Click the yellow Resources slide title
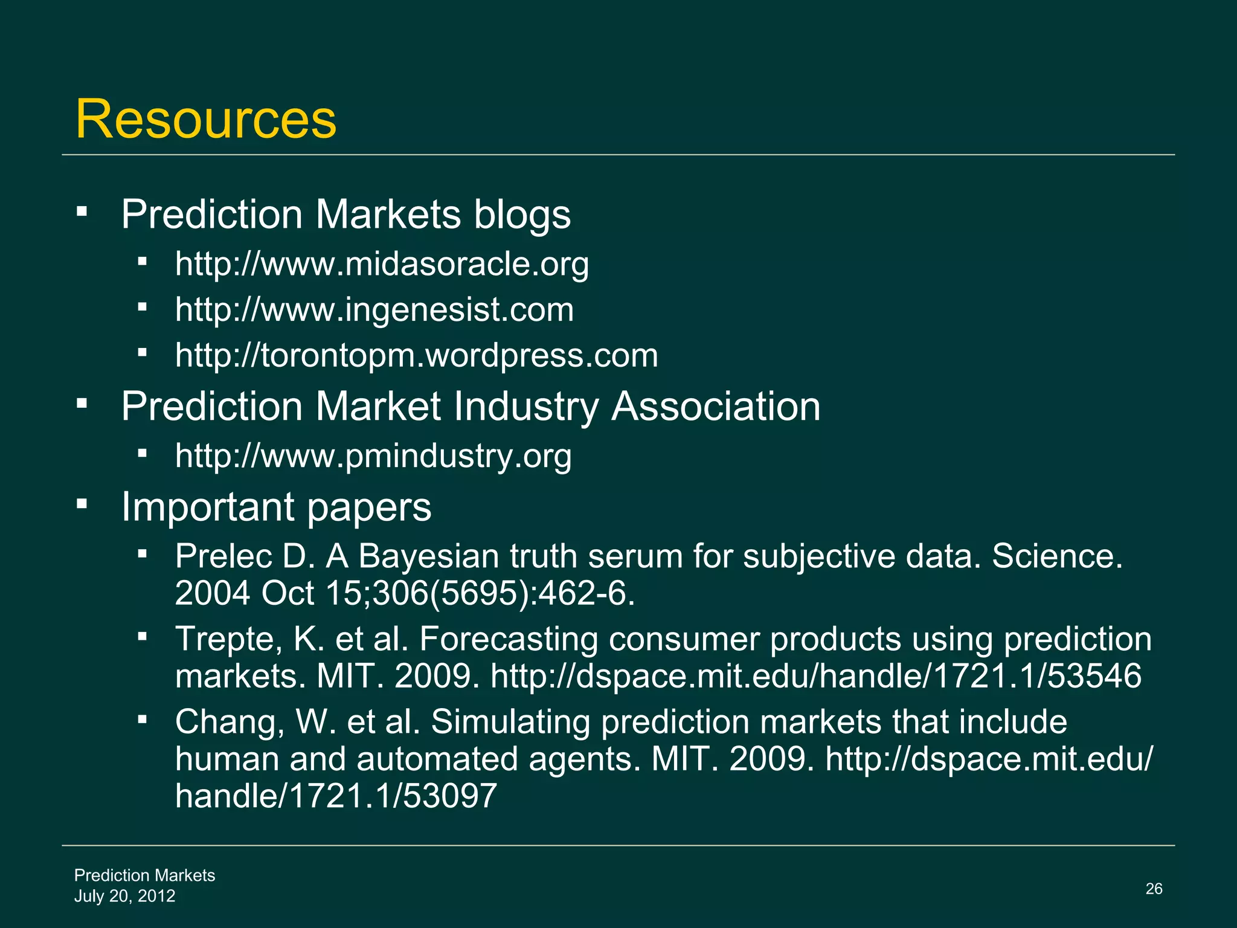[x=205, y=119]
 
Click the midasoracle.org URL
[x=382, y=264]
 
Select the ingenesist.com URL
[x=374, y=310]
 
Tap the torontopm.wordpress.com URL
[x=416, y=355]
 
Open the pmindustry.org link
[x=373, y=456]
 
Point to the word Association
[x=716, y=406]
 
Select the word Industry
[x=525, y=406]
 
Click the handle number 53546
[x=1094, y=675]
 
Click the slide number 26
[x=1154, y=889]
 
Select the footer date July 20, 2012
[x=125, y=896]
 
